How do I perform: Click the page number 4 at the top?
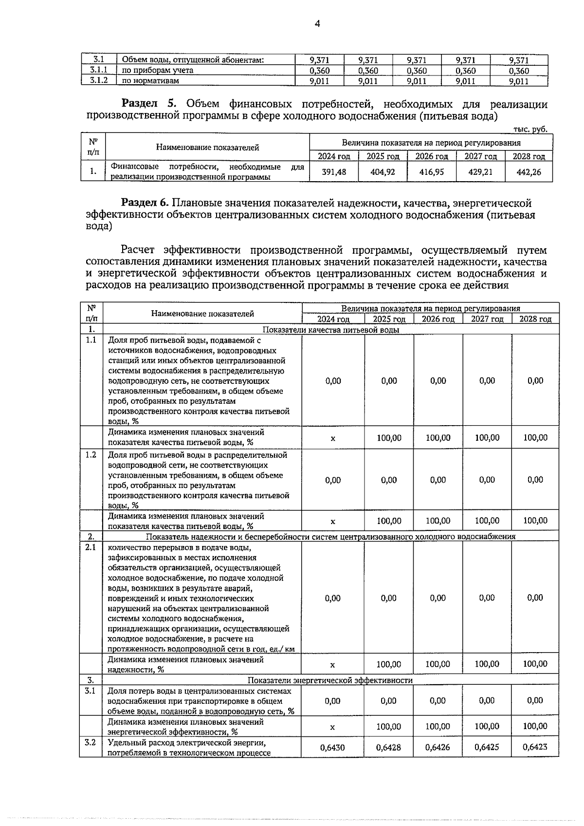[317, 24]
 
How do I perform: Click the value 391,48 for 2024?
[334, 172]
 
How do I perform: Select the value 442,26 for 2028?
[529, 172]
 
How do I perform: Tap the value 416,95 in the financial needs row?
[431, 172]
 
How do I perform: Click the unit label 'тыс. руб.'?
[530, 129]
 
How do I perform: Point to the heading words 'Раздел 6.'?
[145, 203]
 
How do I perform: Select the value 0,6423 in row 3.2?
[534, 746]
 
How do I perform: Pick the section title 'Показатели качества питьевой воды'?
[331, 330]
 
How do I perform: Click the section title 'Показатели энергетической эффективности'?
[330, 680]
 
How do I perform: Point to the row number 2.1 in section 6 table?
[91, 547]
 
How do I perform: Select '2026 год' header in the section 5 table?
[431, 156]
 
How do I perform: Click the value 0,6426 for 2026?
[438, 747]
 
